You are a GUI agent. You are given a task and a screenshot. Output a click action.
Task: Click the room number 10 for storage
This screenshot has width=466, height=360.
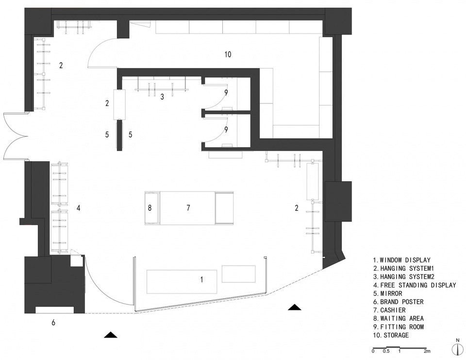pos(228,54)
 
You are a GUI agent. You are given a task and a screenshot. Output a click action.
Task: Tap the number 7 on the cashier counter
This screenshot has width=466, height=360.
pos(188,207)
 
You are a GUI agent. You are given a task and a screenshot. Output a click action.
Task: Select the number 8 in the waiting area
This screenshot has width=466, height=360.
pos(150,207)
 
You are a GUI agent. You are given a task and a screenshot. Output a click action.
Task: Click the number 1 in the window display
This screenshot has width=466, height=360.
pos(202,279)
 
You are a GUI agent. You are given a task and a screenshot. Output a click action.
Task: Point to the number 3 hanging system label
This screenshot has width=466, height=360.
pos(162,97)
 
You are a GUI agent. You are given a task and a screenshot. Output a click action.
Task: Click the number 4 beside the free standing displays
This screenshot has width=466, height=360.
pos(79,207)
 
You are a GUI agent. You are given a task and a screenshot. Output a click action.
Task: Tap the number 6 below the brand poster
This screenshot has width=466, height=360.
pos(53,322)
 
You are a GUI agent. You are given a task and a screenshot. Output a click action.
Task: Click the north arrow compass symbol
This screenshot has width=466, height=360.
pos(457,349)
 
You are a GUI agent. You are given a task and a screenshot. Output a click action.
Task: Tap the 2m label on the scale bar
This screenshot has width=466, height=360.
pos(427,351)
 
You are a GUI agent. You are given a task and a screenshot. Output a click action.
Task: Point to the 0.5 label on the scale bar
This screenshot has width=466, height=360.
pos(386,351)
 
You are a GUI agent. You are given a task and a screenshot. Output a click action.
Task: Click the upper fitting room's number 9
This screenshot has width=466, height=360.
pos(226,92)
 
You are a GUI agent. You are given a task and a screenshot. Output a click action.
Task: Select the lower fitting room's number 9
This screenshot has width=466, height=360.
pos(226,130)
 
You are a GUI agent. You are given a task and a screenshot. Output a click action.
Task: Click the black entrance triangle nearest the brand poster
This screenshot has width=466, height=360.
pos(111,335)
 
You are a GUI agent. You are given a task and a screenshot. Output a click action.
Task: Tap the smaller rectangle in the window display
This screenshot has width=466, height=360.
pos(239,274)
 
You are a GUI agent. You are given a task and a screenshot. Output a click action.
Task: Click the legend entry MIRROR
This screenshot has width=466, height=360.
pos(391,293)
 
